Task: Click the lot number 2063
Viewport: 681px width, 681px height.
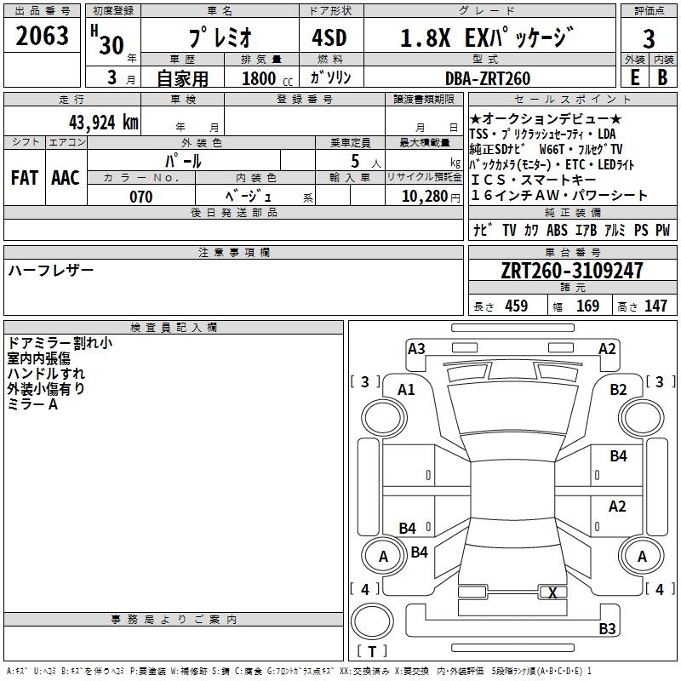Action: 43,37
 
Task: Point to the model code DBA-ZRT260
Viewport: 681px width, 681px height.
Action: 487,78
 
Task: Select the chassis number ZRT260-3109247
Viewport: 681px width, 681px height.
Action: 572,272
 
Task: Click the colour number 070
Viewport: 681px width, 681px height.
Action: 140,197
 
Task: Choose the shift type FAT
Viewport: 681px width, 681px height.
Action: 24,178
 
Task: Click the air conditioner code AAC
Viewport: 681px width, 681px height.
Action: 65,178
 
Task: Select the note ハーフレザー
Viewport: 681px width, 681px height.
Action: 51,271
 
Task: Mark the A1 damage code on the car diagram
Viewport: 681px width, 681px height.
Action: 407,389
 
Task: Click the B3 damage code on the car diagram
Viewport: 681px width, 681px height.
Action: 607,629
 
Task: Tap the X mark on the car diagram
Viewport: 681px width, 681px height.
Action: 553,593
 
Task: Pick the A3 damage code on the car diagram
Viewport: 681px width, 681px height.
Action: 416,348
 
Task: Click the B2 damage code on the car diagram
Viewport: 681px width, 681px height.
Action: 618,389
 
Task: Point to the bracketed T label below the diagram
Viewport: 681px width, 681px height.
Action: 372,651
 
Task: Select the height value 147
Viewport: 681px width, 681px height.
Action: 655,306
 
